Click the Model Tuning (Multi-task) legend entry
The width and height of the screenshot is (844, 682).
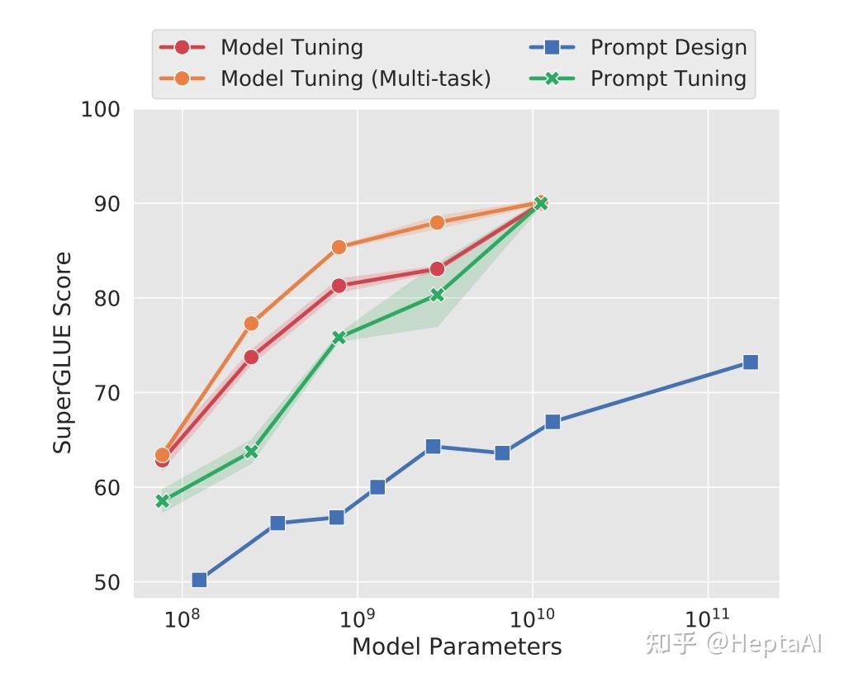pyautogui.click(x=355, y=78)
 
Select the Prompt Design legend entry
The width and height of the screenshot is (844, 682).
pyautogui.click(x=668, y=47)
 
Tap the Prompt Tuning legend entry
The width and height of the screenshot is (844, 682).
pyautogui.click(x=668, y=78)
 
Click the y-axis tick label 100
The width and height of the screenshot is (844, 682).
pyautogui.click(x=100, y=109)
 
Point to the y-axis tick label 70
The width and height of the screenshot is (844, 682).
pyautogui.click(x=105, y=393)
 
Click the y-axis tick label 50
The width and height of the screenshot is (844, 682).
pyautogui.click(x=105, y=583)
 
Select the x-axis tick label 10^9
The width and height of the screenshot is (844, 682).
pyautogui.click(x=357, y=619)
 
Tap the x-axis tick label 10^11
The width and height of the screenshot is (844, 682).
pyautogui.click(x=707, y=619)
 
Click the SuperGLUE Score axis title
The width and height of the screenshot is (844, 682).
pyautogui.click(x=63, y=353)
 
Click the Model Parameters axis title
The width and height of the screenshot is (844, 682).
pyautogui.click(x=457, y=646)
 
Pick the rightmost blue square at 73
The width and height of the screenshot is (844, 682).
pyautogui.click(x=750, y=362)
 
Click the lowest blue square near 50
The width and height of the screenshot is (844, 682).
pyautogui.click(x=199, y=580)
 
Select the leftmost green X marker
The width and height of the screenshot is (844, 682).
pyautogui.click(x=163, y=500)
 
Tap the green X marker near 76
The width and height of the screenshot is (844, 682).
pyautogui.click(x=339, y=337)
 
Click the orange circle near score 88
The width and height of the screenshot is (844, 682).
pyautogui.click(x=437, y=222)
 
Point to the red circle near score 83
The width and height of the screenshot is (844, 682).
pyautogui.click(x=437, y=269)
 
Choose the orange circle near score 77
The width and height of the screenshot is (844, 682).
pyautogui.click(x=251, y=323)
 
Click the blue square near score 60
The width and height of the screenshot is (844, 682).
pyautogui.click(x=377, y=487)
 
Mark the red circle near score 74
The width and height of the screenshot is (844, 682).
pyautogui.click(x=251, y=357)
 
